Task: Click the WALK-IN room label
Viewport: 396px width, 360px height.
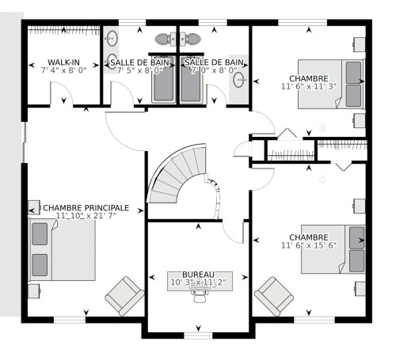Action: tap(63, 61)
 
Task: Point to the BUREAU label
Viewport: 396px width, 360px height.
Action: tap(197, 273)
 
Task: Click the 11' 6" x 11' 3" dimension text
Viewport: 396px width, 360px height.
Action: tap(308, 87)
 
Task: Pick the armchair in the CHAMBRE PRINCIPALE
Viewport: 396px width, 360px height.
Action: tap(125, 296)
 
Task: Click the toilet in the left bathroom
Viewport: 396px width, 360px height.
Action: tap(162, 38)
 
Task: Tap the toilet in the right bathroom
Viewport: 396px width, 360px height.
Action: tap(192, 38)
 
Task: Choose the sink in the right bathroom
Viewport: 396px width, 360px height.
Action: tap(241, 79)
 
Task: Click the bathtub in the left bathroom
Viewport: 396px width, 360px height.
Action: tap(164, 83)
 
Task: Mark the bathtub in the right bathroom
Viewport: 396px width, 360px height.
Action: tap(191, 83)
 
